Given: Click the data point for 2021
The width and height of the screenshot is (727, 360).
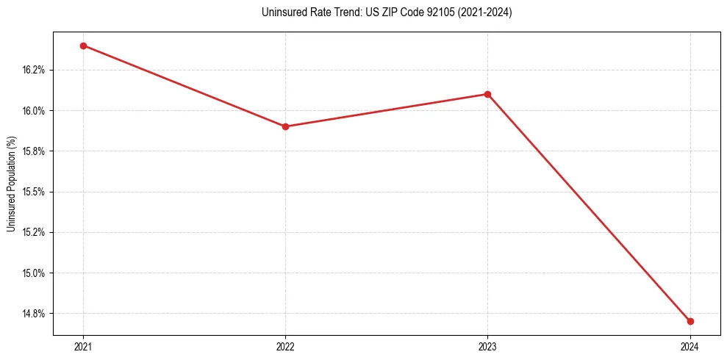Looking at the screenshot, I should coord(83,46).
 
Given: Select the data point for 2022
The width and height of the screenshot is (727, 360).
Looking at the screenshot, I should coord(285,126).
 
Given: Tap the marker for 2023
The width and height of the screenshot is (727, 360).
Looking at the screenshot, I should coord(487,94).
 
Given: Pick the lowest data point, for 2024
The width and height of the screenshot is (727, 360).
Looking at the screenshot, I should coord(690,321).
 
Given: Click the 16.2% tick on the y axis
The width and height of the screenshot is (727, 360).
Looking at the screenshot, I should coord(34,71).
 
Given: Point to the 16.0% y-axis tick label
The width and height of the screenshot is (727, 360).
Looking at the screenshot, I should coord(34,111).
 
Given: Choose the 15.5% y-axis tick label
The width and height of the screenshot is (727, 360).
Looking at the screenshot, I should coord(34,192).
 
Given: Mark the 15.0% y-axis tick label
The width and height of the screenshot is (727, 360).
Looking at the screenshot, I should coord(34,273).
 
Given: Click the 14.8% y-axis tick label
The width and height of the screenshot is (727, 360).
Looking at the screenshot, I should coord(34,314).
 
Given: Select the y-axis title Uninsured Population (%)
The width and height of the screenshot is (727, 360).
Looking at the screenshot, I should coord(11,184).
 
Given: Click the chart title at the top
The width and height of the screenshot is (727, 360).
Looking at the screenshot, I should coord(387,12).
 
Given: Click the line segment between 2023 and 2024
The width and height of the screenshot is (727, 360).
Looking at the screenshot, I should coord(589,208).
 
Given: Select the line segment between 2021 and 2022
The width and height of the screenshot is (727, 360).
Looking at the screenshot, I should coord(184,86).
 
